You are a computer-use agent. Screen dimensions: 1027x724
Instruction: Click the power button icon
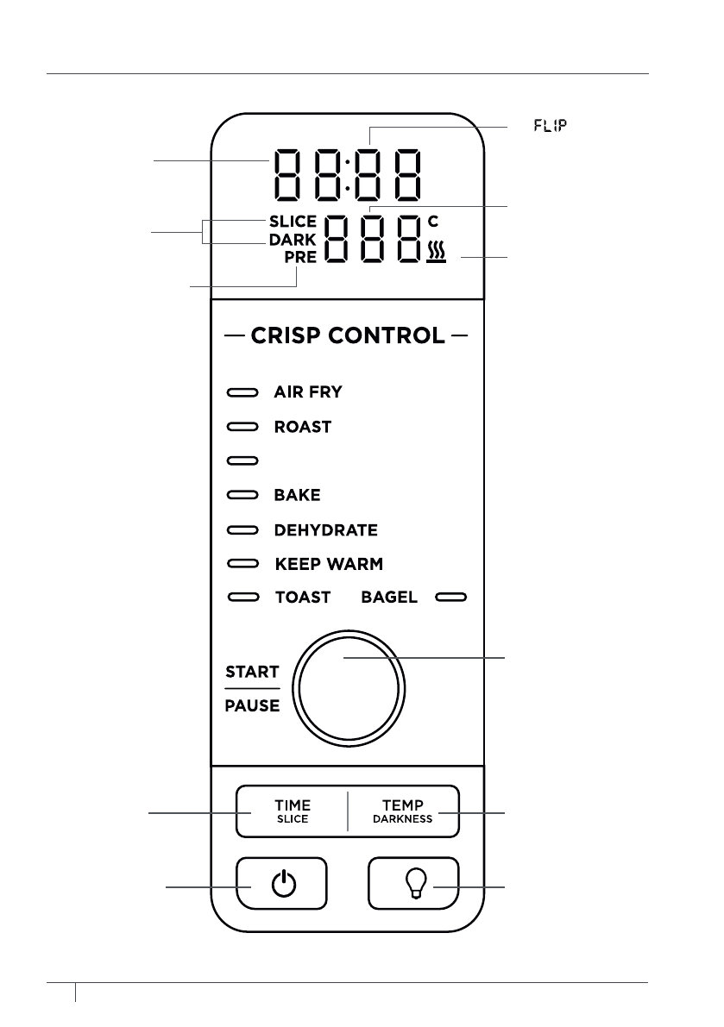coord(282,884)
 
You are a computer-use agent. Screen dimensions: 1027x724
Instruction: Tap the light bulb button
coord(415,884)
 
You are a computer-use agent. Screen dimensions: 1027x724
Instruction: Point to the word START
coord(252,672)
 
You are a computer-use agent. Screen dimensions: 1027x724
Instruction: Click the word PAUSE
coord(252,706)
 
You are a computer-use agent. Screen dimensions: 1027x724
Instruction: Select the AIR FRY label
coord(308,392)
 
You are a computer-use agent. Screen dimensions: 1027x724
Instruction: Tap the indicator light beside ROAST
coord(242,427)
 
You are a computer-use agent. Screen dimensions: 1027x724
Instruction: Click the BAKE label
coord(297,496)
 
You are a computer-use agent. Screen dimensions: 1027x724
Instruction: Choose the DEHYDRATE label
coord(325,530)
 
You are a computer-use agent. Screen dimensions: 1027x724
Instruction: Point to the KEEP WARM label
coord(329,565)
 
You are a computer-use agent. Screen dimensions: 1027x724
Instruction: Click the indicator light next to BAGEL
coord(450,597)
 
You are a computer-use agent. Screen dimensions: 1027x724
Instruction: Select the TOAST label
coord(302,597)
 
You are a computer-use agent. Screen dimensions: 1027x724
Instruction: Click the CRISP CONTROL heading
coord(348,335)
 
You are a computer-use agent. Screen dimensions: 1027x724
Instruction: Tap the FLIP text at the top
coord(549,126)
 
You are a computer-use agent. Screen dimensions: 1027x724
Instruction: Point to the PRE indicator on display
coord(301,256)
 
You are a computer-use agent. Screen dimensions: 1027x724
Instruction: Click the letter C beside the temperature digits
coord(433,222)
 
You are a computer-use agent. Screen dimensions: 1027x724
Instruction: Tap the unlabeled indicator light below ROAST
coord(242,461)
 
